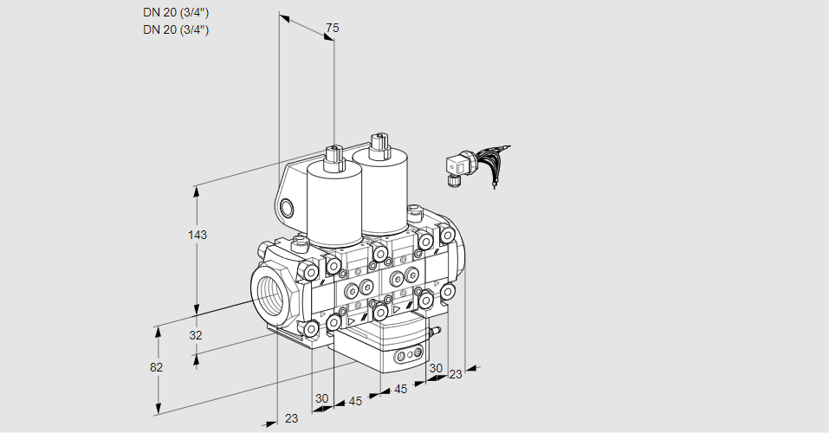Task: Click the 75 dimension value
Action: pos(332,29)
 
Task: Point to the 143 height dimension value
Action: pos(198,235)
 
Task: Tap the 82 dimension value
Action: pos(156,367)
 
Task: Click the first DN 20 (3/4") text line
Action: pos(176,12)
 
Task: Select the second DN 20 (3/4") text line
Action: pos(176,29)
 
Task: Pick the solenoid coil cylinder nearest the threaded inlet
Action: pos(333,206)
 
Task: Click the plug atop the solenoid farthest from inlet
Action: pos(377,143)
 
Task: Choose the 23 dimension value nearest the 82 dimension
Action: pos(291,418)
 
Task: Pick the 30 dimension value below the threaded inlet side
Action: pos(322,398)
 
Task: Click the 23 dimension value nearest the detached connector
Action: pos(456,374)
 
